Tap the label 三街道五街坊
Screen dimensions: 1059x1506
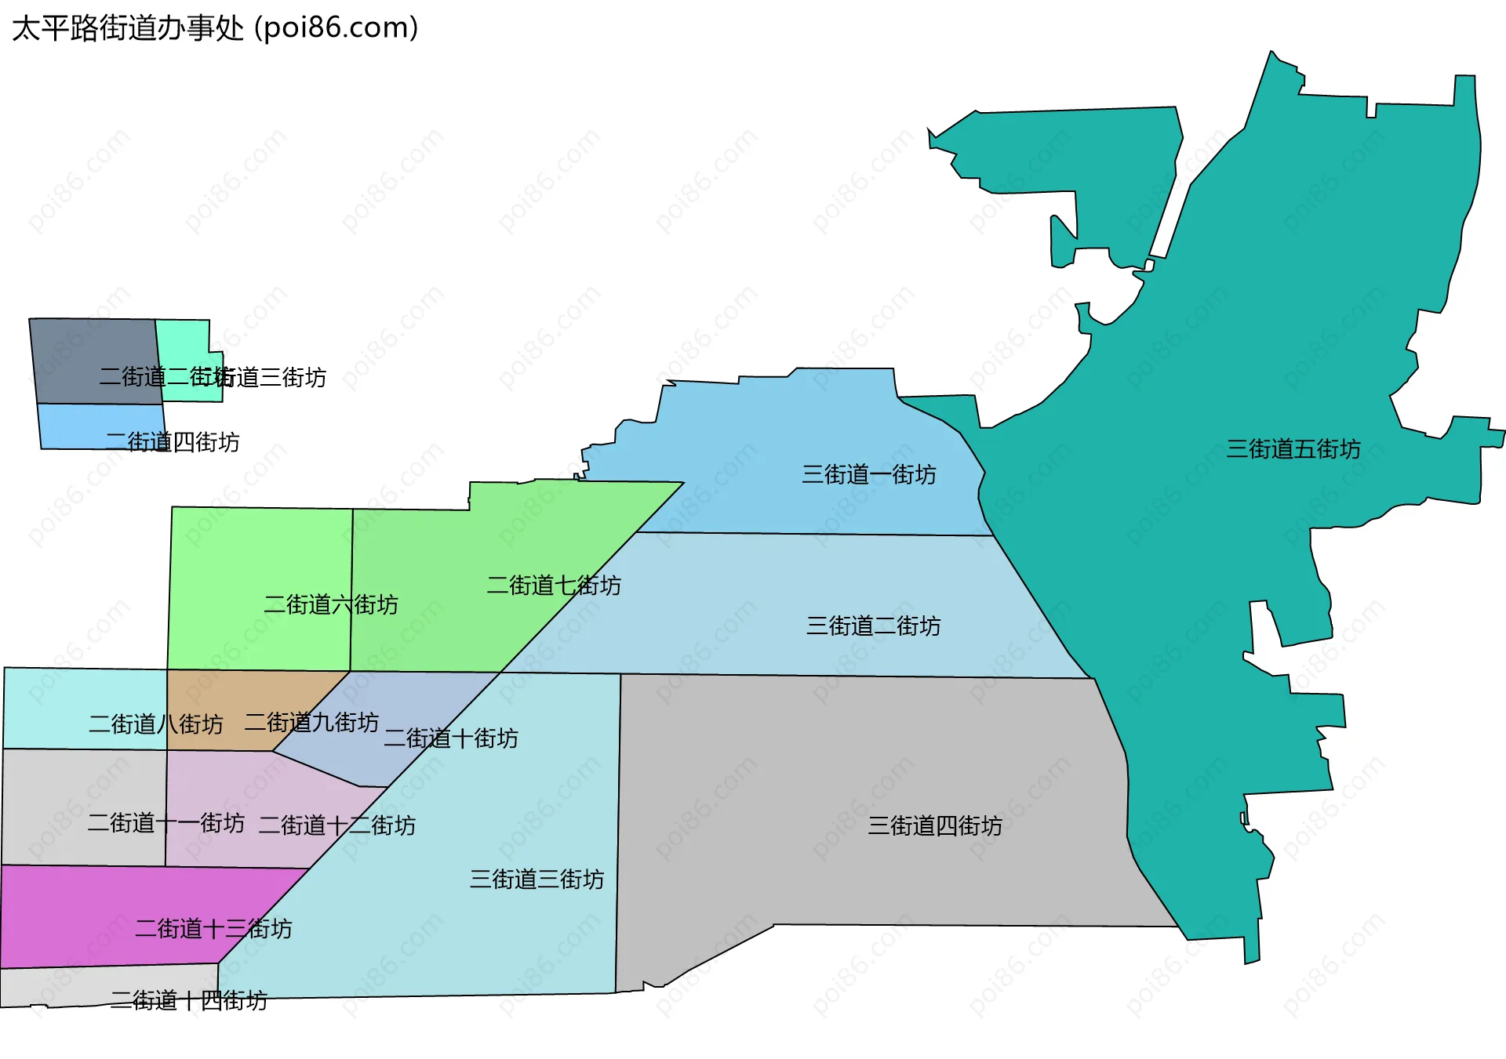(1293, 449)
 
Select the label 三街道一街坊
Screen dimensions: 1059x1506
(868, 474)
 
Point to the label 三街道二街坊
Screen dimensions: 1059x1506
(873, 626)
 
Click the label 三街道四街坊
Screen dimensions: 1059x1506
(934, 825)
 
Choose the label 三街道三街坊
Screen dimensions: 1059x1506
(537, 879)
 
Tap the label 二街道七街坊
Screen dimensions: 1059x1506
(553, 585)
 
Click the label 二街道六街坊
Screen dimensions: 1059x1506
(330, 604)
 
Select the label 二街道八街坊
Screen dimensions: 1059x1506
(155, 724)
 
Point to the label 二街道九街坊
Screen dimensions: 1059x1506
(311, 722)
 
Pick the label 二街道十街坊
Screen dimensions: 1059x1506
(450, 738)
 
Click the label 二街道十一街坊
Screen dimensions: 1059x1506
(166, 822)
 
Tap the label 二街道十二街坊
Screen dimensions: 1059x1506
(336, 825)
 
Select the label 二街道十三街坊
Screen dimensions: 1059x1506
(213, 928)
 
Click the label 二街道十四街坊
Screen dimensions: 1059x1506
(188, 1000)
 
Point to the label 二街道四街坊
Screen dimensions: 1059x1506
(173, 442)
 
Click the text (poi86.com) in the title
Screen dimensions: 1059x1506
(336, 28)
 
